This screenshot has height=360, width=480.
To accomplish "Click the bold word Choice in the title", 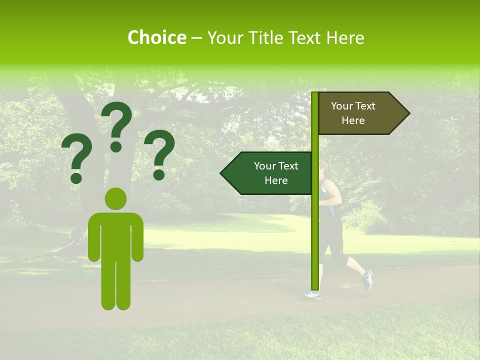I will coord(156,38).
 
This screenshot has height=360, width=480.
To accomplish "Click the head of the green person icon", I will coord(115,199).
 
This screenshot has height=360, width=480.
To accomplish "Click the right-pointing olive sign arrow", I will coord(362,113).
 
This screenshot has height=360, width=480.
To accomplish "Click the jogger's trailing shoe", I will coord(367,279).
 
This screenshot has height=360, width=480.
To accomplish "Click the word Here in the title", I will coord(344,38).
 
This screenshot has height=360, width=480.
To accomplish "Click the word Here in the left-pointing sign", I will coord(276,180).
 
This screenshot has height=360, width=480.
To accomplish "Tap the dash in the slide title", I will coord(196,38).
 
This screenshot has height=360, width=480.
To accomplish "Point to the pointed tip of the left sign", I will coord(221,173).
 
